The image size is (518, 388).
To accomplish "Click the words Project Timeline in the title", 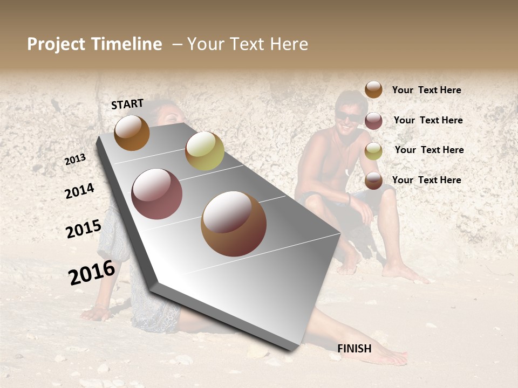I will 94,44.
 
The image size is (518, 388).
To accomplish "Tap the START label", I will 127,104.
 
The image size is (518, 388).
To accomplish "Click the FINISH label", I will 355,349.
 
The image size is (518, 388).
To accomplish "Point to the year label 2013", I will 76,160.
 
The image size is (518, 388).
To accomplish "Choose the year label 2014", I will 79,191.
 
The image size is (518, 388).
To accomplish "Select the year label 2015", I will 84,229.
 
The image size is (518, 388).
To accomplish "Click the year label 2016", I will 92,272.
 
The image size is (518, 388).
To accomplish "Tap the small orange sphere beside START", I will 132,133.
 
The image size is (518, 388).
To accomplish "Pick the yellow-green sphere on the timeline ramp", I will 205,151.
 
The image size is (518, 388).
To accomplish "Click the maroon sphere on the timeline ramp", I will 157,194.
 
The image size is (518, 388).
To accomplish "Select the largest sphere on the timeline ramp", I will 234,224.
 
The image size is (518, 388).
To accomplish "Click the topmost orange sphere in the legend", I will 373,89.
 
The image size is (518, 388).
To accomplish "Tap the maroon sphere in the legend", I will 373,121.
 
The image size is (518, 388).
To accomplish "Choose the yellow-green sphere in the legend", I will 373,151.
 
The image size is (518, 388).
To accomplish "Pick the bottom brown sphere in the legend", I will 373,181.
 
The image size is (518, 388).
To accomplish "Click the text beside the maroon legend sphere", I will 428,120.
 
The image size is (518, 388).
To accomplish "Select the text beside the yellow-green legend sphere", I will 429,150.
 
